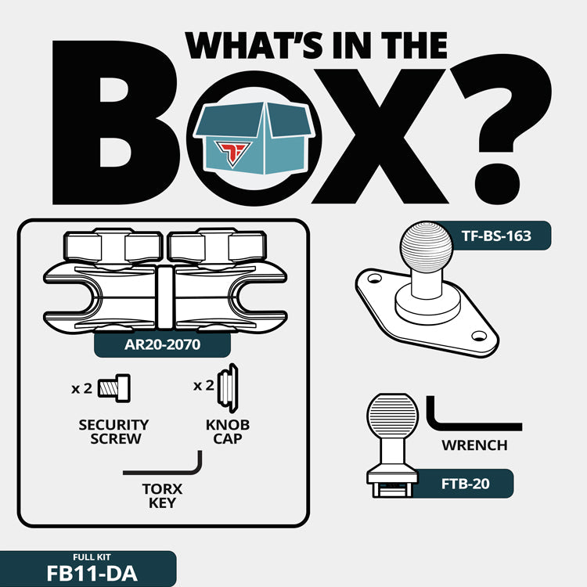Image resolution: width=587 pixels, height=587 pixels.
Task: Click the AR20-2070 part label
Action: coord(162,344)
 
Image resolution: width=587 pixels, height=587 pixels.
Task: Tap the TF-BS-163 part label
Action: coord(496,236)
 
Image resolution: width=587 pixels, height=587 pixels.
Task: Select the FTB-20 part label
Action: coord(466,484)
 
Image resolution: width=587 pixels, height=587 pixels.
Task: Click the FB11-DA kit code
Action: coord(92,574)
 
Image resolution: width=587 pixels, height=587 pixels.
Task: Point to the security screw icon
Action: coord(114,388)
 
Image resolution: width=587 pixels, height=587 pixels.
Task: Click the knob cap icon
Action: coord(228,388)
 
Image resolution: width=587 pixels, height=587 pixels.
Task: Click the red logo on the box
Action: coord(232,153)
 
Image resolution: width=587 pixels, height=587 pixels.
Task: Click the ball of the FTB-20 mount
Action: coord(392,416)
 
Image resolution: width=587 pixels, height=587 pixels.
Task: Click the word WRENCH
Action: coord(474,445)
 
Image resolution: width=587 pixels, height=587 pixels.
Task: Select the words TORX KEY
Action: coord(162,495)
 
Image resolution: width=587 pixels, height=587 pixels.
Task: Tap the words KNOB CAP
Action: coord(228,431)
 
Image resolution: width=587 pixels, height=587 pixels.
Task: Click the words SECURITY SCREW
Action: coord(113,431)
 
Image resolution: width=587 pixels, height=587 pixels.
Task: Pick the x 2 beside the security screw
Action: coord(81,388)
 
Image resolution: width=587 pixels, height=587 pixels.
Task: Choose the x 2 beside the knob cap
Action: coord(203,386)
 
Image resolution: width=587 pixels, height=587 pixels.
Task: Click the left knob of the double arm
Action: coord(113,247)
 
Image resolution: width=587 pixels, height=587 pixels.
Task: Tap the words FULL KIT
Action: coord(92,557)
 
